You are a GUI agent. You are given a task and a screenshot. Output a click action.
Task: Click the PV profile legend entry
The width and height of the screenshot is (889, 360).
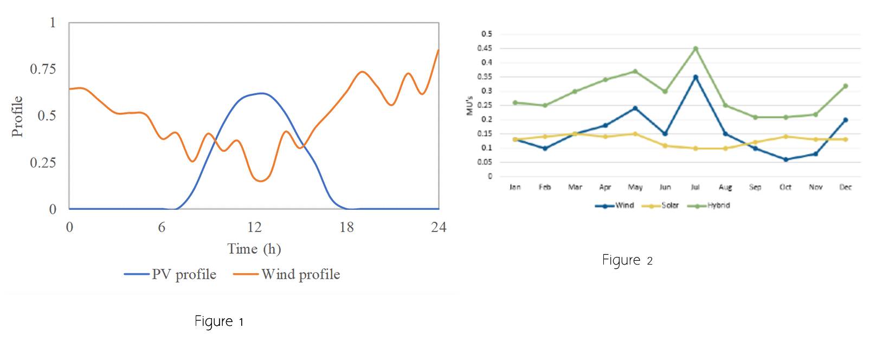tap(170, 274)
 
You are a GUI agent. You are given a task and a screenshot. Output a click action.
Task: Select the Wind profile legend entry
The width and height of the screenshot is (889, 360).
tap(287, 274)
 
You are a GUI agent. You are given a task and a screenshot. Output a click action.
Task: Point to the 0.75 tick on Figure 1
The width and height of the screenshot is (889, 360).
tap(43, 69)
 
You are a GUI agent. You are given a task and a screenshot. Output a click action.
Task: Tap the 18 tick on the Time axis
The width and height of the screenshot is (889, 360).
tap(346, 227)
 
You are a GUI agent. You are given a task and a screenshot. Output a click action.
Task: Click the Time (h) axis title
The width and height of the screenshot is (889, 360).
tap(254, 249)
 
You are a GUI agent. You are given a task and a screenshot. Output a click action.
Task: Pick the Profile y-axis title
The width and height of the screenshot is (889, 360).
tap(17, 117)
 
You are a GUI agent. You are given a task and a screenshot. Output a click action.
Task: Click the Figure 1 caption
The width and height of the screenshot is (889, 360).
tap(219, 322)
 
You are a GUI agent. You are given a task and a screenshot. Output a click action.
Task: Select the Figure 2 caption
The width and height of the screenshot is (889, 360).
tap(627, 260)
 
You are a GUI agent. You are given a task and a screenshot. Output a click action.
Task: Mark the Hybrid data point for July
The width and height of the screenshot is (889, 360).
tap(695, 49)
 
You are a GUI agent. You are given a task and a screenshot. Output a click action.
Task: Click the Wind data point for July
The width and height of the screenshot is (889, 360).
tap(695, 77)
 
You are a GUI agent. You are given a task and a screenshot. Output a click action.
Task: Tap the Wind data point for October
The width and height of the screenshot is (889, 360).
tap(785, 159)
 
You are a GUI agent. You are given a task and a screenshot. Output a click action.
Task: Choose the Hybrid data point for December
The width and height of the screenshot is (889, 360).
tap(846, 86)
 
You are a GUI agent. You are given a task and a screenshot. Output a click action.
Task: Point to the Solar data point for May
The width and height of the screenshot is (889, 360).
tap(635, 134)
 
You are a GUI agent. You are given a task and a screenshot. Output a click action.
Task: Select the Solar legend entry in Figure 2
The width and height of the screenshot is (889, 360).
tap(661, 205)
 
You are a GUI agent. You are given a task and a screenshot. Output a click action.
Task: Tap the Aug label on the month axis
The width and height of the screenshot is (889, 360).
tap(725, 187)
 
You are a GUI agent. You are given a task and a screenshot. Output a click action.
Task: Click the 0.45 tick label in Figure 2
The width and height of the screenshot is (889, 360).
tap(485, 48)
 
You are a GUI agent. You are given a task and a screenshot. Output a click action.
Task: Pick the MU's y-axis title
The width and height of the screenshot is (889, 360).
tap(469, 106)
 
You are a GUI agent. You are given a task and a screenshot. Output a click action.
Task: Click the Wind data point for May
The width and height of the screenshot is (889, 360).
tap(635, 108)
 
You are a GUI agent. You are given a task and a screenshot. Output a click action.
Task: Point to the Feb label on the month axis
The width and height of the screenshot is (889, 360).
tap(545, 187)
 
